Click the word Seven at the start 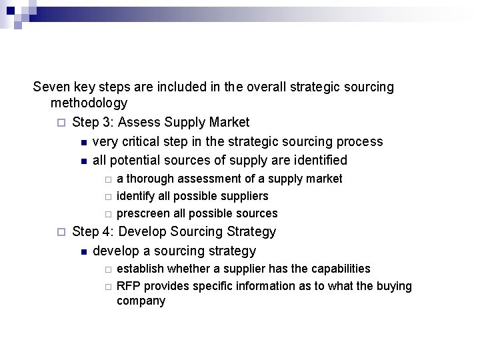[x=51, y=87]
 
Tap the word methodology [x=89, y=103]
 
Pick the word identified [x=317, y=160]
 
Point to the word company [x=141, y=301]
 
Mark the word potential [x=135, y=160]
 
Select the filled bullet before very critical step [x=83, y=142]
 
